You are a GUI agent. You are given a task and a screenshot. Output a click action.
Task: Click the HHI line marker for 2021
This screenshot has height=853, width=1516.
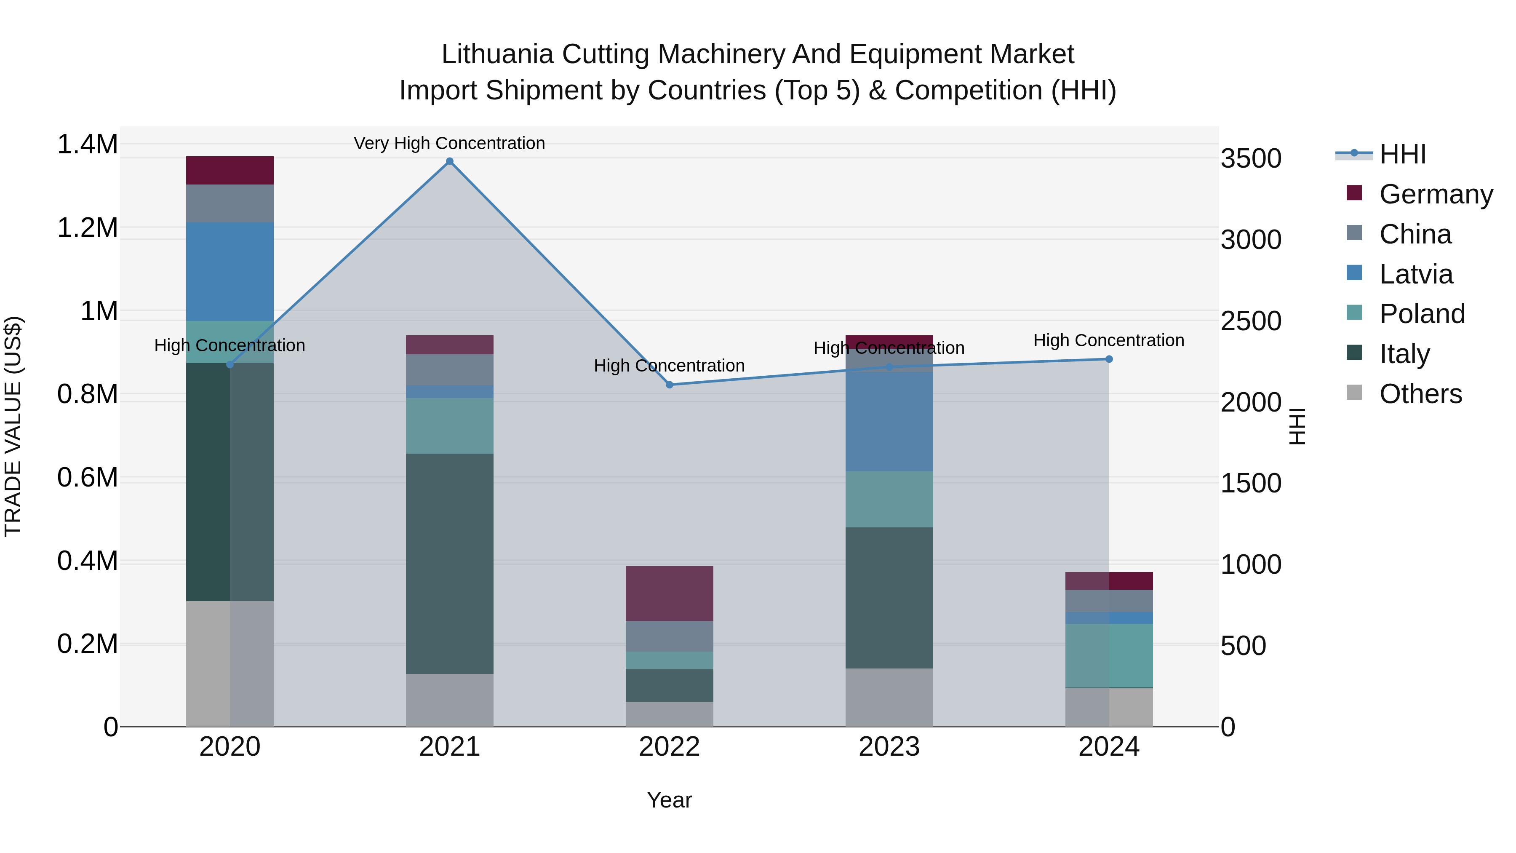[x=450, y=161]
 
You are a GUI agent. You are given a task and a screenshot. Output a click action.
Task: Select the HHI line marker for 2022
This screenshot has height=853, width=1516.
[x=669, y=385]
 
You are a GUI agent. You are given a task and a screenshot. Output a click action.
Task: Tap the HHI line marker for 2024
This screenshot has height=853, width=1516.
[x=1109, y=359]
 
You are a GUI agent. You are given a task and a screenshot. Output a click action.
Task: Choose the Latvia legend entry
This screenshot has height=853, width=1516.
[x=1415, y=274]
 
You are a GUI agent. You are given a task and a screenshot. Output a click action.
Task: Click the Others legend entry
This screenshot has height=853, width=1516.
[x=1420, y=394]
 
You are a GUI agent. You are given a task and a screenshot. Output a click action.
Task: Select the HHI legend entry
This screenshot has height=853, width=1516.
[x=1402, y=154]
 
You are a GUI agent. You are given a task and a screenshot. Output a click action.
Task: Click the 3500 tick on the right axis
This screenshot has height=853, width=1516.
[x=1251, y=158]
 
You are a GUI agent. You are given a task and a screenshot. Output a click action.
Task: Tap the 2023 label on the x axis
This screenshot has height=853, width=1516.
[x=889, y=746]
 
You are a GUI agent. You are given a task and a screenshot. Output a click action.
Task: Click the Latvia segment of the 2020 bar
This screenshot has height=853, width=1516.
[x=230, y=272]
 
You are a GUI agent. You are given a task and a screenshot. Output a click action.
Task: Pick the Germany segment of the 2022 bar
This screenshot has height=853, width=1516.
[x=669, y=594]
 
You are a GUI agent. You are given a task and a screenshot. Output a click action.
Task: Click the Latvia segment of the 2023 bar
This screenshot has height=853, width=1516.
[x=889, y=422]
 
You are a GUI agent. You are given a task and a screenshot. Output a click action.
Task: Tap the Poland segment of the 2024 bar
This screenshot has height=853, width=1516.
[x=1109, y=655]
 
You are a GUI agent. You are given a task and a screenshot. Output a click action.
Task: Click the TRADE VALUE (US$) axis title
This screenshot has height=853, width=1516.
[x=13, y=426]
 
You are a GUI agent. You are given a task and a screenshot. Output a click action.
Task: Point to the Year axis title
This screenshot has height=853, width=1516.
[x=669, y=800]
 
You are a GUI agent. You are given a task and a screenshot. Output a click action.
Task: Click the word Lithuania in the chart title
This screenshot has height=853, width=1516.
[x=497, y=54]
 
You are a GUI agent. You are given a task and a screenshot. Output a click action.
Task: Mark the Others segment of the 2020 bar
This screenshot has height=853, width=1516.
[x=230, y=663]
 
